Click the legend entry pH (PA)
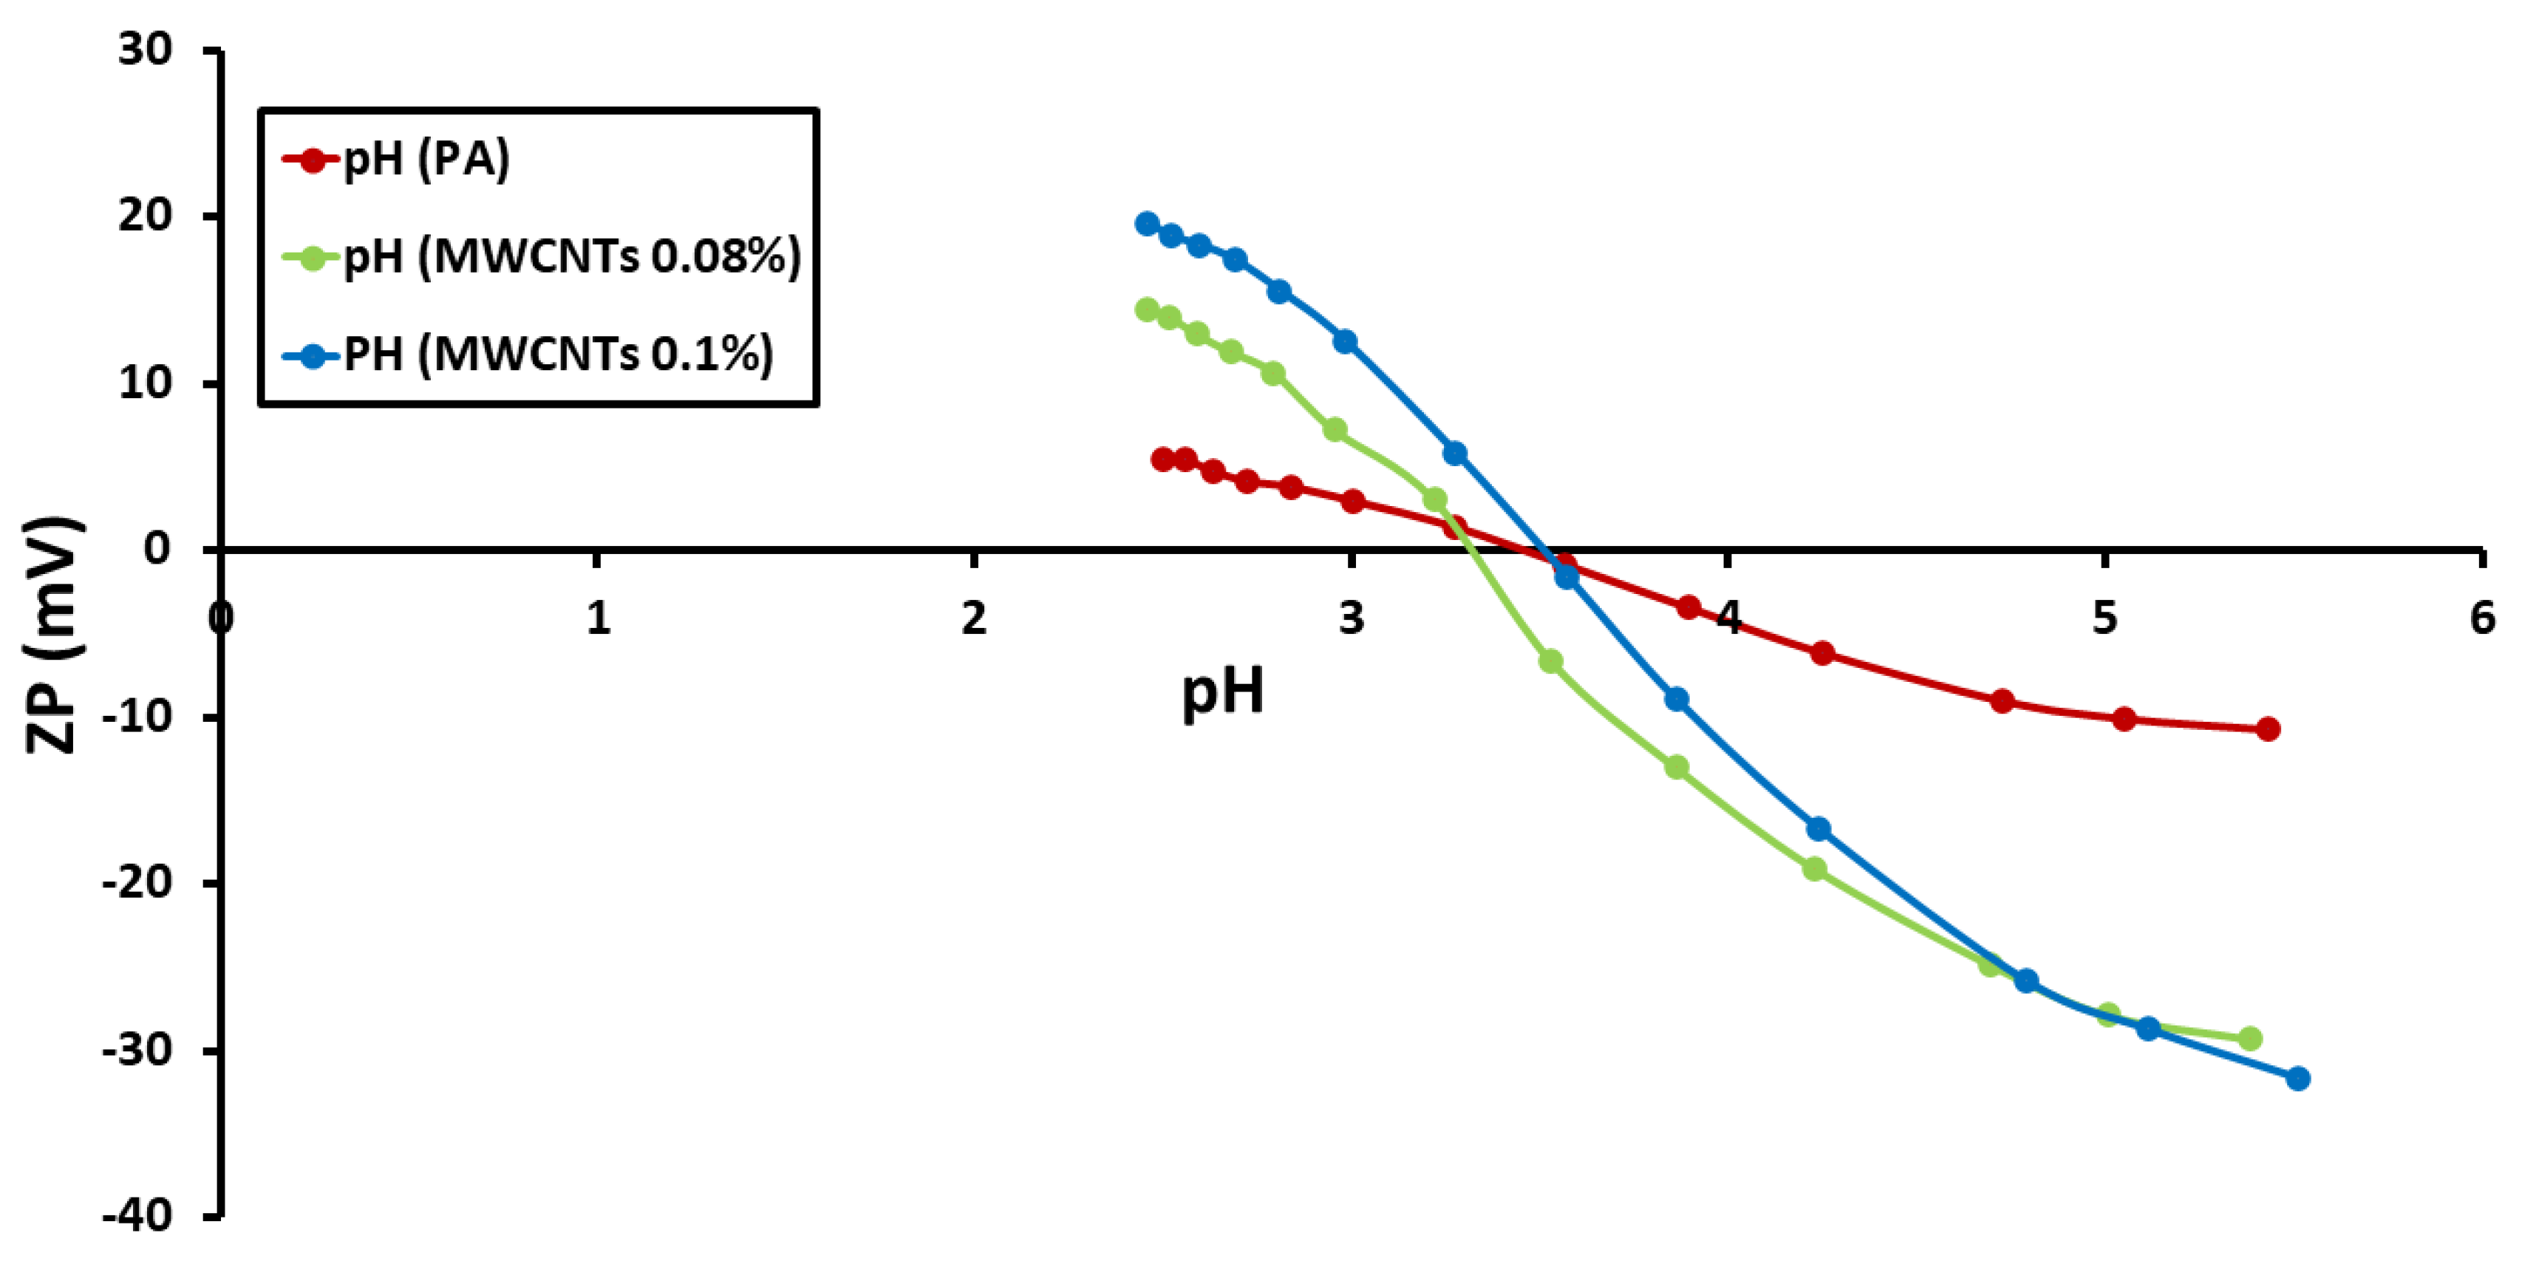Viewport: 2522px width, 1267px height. pyautogui.click(x=426, y=159)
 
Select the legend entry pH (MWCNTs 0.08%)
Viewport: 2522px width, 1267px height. pyautogui.click(x=570, y=256)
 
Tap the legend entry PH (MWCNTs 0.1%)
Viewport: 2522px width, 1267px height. pyautogui.click(x=557, y=353)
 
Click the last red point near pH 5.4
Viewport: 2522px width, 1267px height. pyautogui.click(x=2268, y=728)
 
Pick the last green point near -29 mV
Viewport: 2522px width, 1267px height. pyautogui.click(x=2250, y=1038)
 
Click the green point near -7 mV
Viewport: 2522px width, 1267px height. pyautogui.click(x=1551, y=662)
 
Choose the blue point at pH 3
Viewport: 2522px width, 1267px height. pyautogui.click(x=1345, y=341)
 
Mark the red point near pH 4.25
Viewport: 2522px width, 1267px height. pyautogui.click(x=1822, y=653)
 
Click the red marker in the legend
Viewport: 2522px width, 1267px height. pyautogui.click(x=313, y=160)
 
